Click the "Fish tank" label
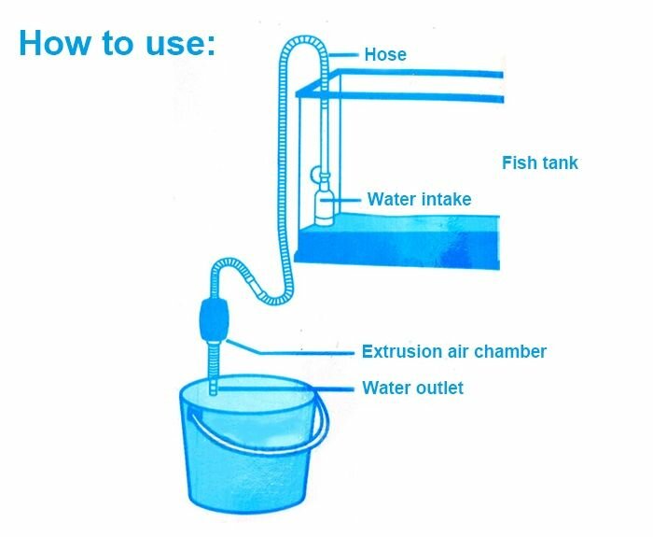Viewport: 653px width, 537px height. pyautogui.click(x=539, y=163)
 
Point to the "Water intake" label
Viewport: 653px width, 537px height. pyautogui.click(x=419, y=199)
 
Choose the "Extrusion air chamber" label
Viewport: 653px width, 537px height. pyautogui.click(x=453, y=352)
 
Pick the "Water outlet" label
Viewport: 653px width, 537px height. pyautogui.click(x=412, y=388)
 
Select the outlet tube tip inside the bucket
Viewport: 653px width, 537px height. pyautogui.click(x=214, y=386)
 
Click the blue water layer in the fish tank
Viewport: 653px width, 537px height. pyautogui.click(x=401, y=245)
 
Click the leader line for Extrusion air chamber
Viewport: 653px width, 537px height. pyautogui.click(x=299, y=352)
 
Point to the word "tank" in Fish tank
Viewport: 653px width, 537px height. pyautogui.click(x=559, y=163)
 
